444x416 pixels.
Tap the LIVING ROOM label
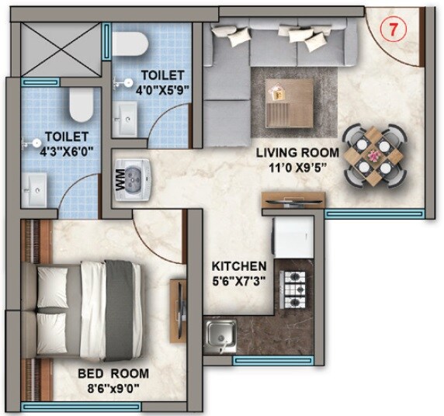(x=297, y=152)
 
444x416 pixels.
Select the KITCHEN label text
(x=240, y=265)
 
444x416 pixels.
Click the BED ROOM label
(x=113, y=374)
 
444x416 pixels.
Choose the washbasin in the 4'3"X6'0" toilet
(x=35, y=184)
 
